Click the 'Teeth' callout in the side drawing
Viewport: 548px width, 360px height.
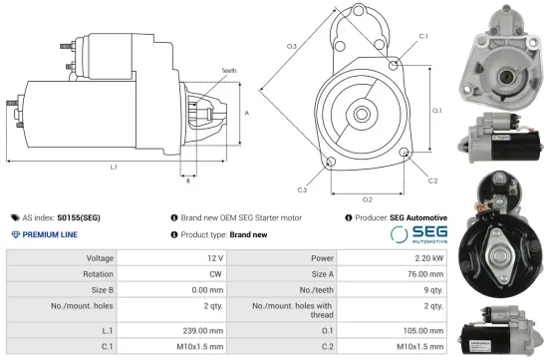tap(228, 71)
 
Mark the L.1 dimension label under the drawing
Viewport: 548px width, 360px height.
tap(113, 167)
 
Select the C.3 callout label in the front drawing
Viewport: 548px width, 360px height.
tap(302, 188)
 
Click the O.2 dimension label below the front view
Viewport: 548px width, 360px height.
tap(368, 198)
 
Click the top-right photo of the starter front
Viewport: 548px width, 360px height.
tap(504, 49)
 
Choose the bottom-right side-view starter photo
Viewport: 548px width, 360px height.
tap(504, 333)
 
